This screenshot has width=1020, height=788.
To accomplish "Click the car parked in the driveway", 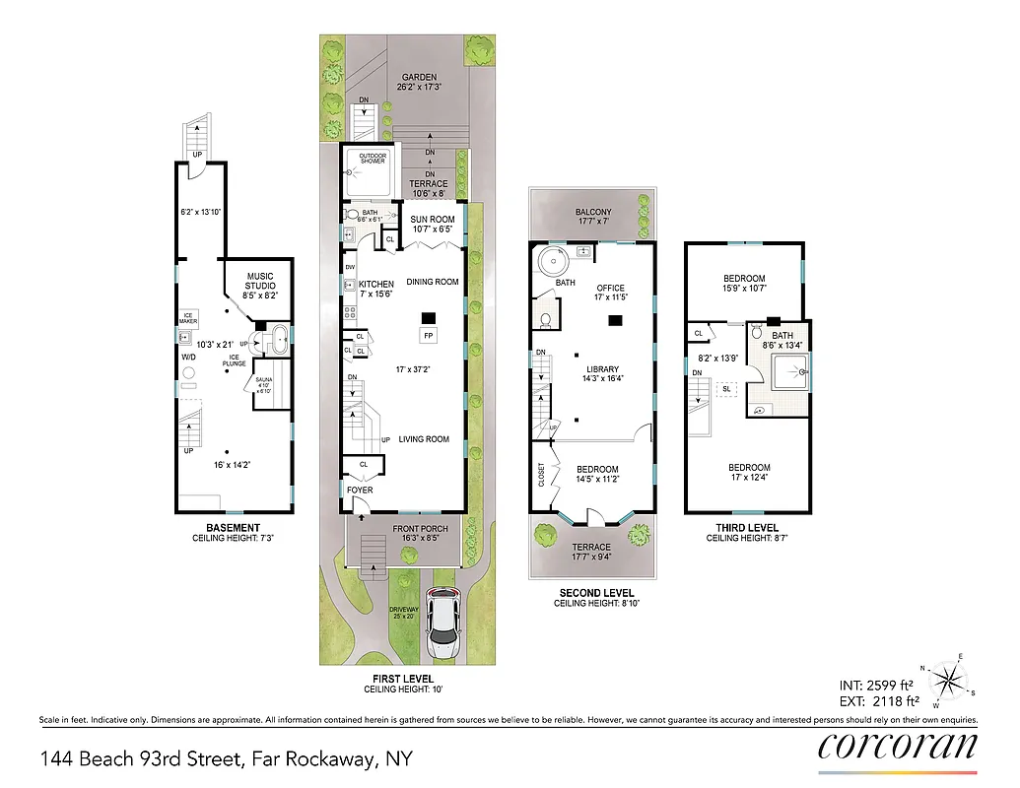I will [x=443, y=626].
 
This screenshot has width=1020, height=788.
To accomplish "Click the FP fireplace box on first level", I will [x=429, y=336].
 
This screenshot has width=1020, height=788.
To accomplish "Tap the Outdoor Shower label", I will [x=372, y=159].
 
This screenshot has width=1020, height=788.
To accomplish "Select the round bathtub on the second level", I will [x=553, y=262].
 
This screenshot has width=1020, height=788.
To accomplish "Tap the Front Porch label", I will [x=421, y=529].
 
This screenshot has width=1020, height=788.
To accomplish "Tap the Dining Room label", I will [x=433, y=282].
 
